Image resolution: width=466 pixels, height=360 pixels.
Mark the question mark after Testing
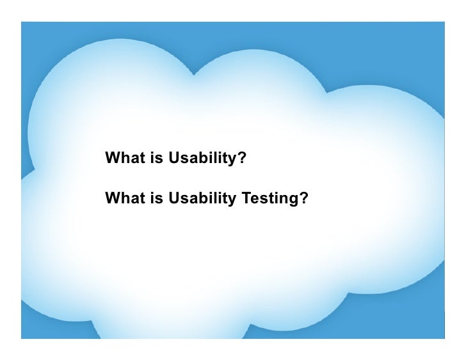[x=303, y=199]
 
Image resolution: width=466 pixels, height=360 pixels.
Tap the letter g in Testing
[x=294, y=200]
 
